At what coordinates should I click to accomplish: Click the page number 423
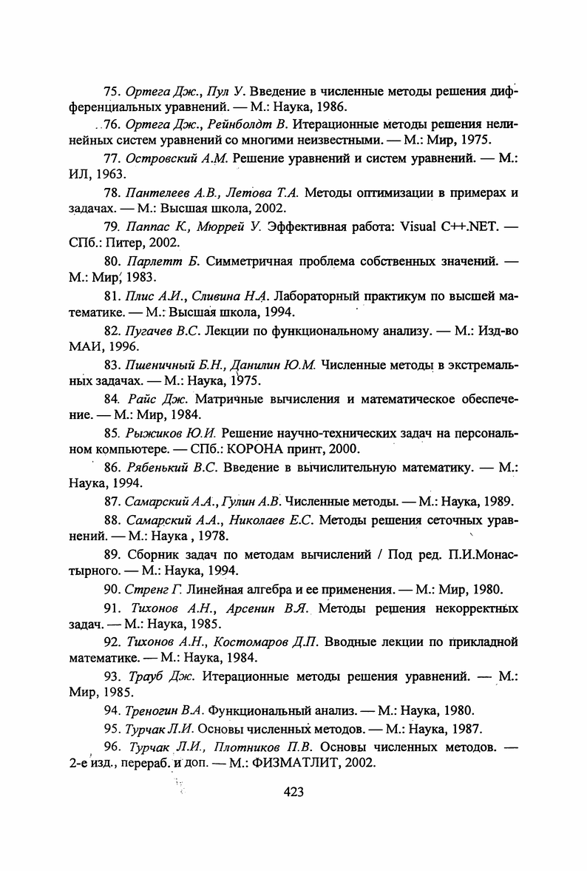click(x=293, y=792)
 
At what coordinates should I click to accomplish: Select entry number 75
click(x=112, y=93)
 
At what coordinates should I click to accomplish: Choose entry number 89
click(x=112, y=554)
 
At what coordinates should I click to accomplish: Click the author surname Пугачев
click(x=151, y=331)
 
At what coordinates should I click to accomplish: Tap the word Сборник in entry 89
click(x=152, y=554)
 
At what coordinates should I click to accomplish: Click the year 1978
click(x=210, y=535)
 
